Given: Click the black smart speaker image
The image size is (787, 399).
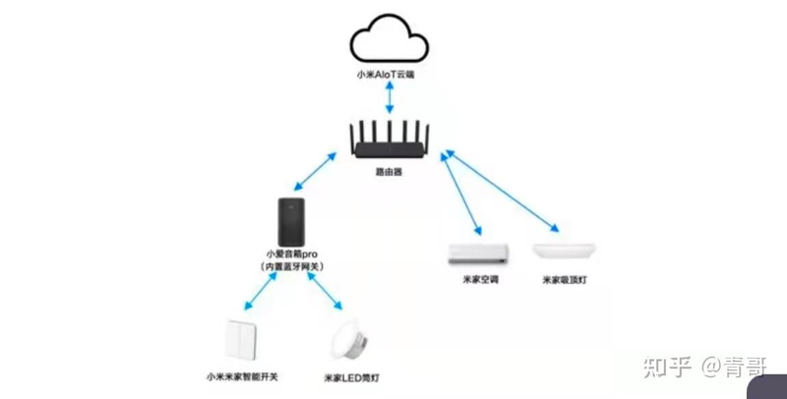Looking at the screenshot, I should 292,223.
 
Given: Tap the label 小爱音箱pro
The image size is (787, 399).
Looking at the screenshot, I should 293,255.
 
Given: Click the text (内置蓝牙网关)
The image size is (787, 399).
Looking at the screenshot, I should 293,267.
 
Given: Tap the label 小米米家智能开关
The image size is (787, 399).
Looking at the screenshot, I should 241,376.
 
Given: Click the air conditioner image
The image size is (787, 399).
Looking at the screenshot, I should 477,254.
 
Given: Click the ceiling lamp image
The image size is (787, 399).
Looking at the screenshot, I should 562,252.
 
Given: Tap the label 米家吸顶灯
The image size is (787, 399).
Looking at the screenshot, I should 562,281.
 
